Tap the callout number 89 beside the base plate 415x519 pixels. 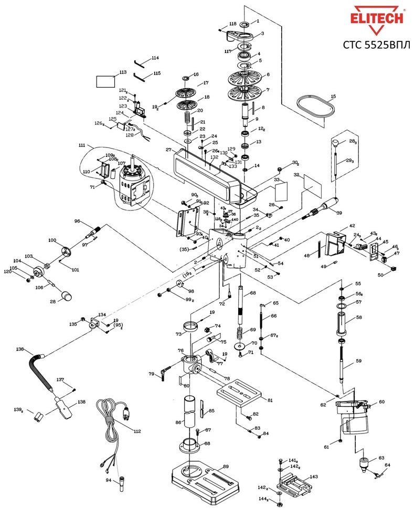tap(226, 467)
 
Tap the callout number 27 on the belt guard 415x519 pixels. tap(168, 150)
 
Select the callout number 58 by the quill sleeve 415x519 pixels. tap(359, 317)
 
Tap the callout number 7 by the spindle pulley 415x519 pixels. tap(268, 90)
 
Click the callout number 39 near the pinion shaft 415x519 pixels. tap(339, 213)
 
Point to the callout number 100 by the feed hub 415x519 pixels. tap(52, 240)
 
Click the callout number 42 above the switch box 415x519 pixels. tap(352, 226)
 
